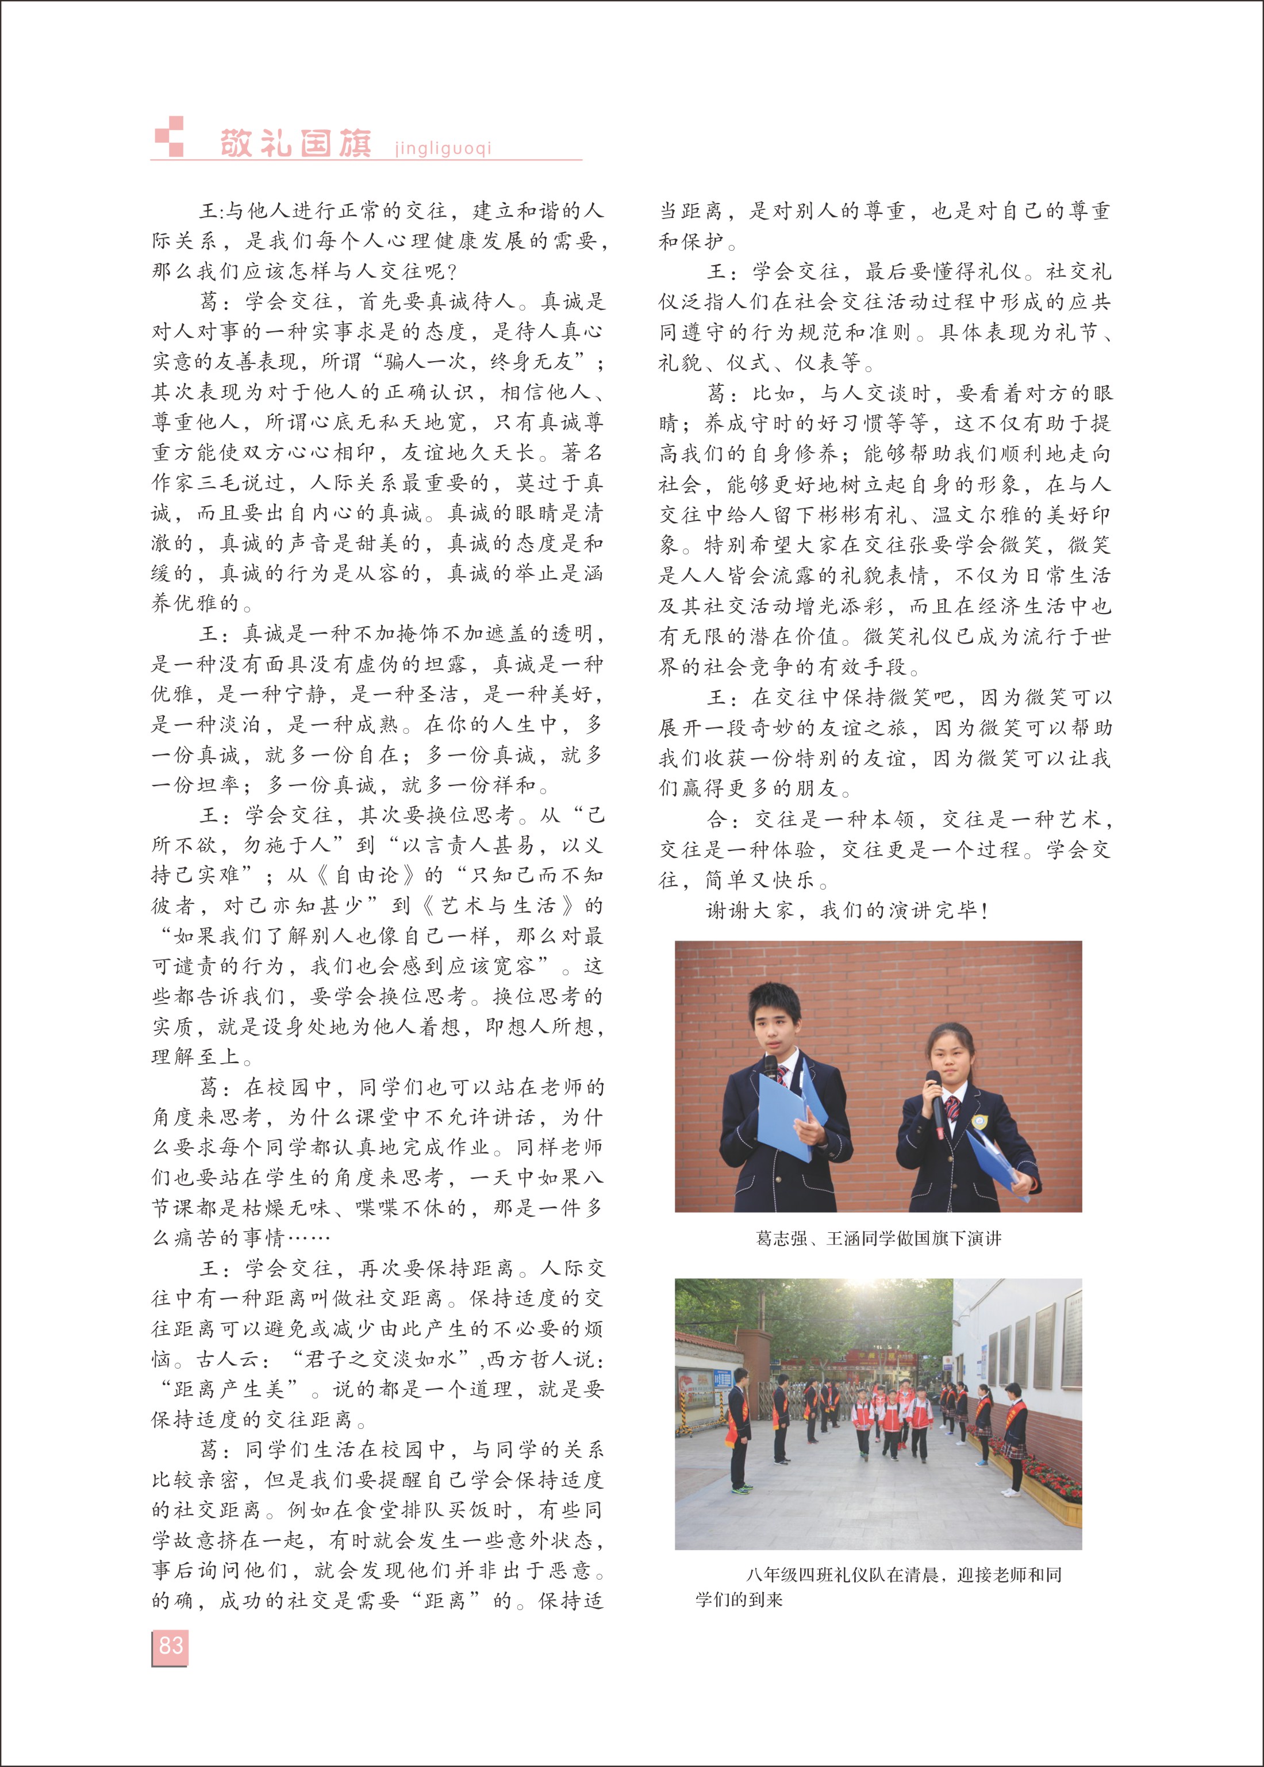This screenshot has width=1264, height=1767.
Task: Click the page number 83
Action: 171,1645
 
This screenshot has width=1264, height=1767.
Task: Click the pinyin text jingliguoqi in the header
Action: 443,147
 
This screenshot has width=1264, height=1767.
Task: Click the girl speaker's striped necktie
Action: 951,1109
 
